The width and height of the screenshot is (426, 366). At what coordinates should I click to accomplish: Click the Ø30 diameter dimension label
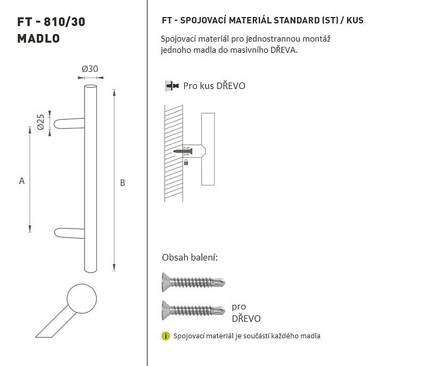89,69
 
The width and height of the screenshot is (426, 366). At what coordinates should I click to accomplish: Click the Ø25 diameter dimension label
40,122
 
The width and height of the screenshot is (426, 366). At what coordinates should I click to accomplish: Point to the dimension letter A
22,181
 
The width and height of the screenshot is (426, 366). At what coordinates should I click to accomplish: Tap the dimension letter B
122,183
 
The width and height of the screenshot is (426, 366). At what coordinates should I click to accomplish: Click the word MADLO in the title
38,38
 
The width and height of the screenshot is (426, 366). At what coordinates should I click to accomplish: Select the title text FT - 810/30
51,22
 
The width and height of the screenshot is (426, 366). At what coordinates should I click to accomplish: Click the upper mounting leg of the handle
69,124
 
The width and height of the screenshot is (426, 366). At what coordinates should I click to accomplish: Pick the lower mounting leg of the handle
70,233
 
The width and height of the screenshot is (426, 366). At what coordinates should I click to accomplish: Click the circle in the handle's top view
82,299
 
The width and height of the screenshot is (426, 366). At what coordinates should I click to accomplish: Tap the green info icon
166,336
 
